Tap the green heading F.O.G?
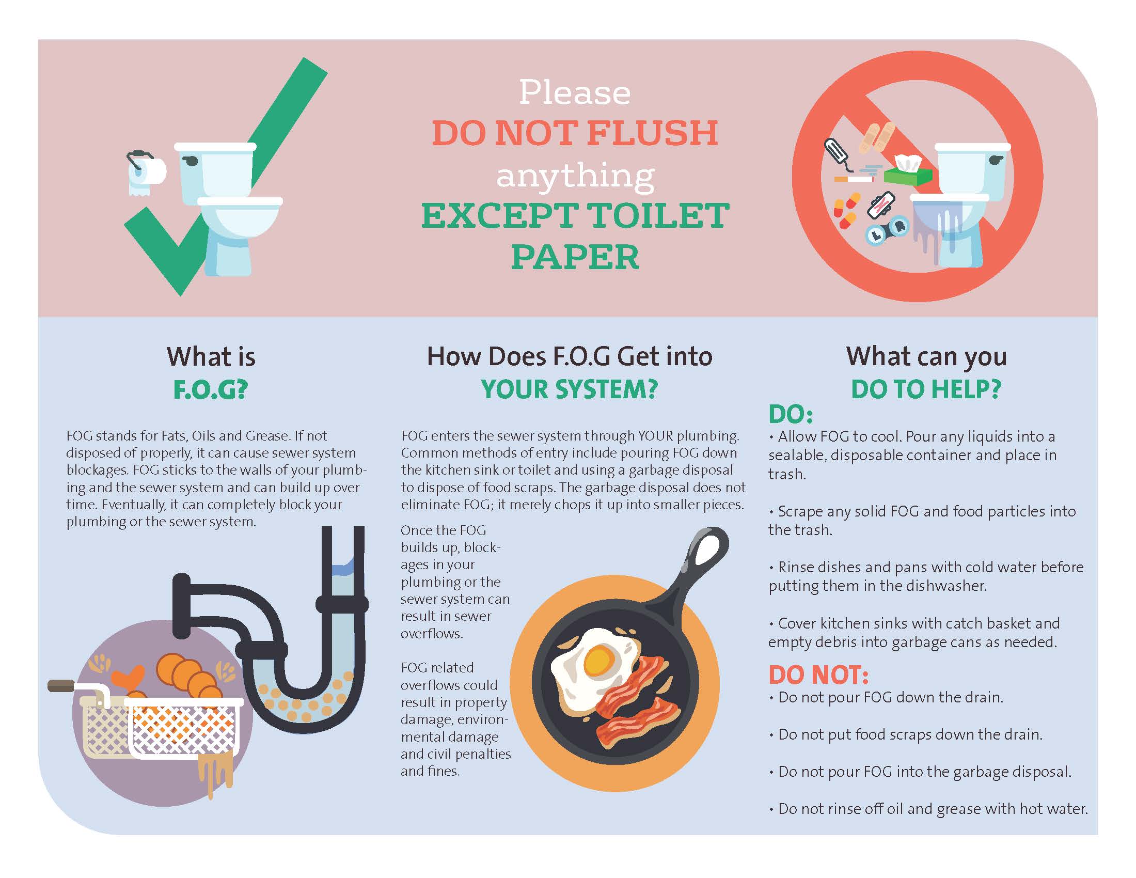click(211, 389)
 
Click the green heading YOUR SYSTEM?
click(569, 389)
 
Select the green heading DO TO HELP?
click(926, 389)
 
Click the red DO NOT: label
click(819, 675)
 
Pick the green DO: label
click(791, 415)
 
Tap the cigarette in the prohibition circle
click(854, 179)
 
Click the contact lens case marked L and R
click(887, 230)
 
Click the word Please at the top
click(575, 92)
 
